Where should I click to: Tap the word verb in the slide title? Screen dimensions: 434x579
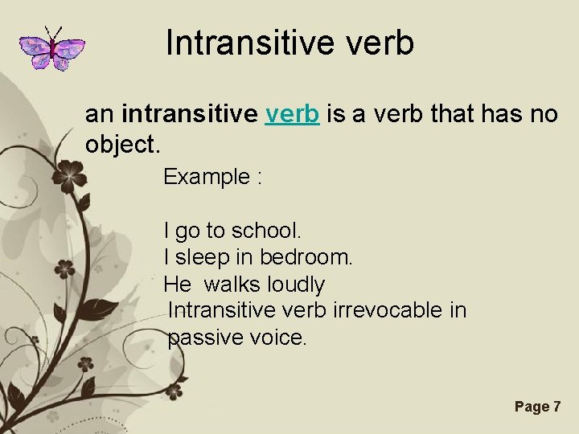377,43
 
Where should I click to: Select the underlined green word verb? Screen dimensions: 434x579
293,114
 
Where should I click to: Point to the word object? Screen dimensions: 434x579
121,145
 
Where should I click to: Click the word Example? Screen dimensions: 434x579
207,177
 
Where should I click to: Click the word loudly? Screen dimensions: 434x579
295,285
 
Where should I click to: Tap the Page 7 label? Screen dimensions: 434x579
537,407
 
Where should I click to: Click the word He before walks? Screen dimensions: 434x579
177,285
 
